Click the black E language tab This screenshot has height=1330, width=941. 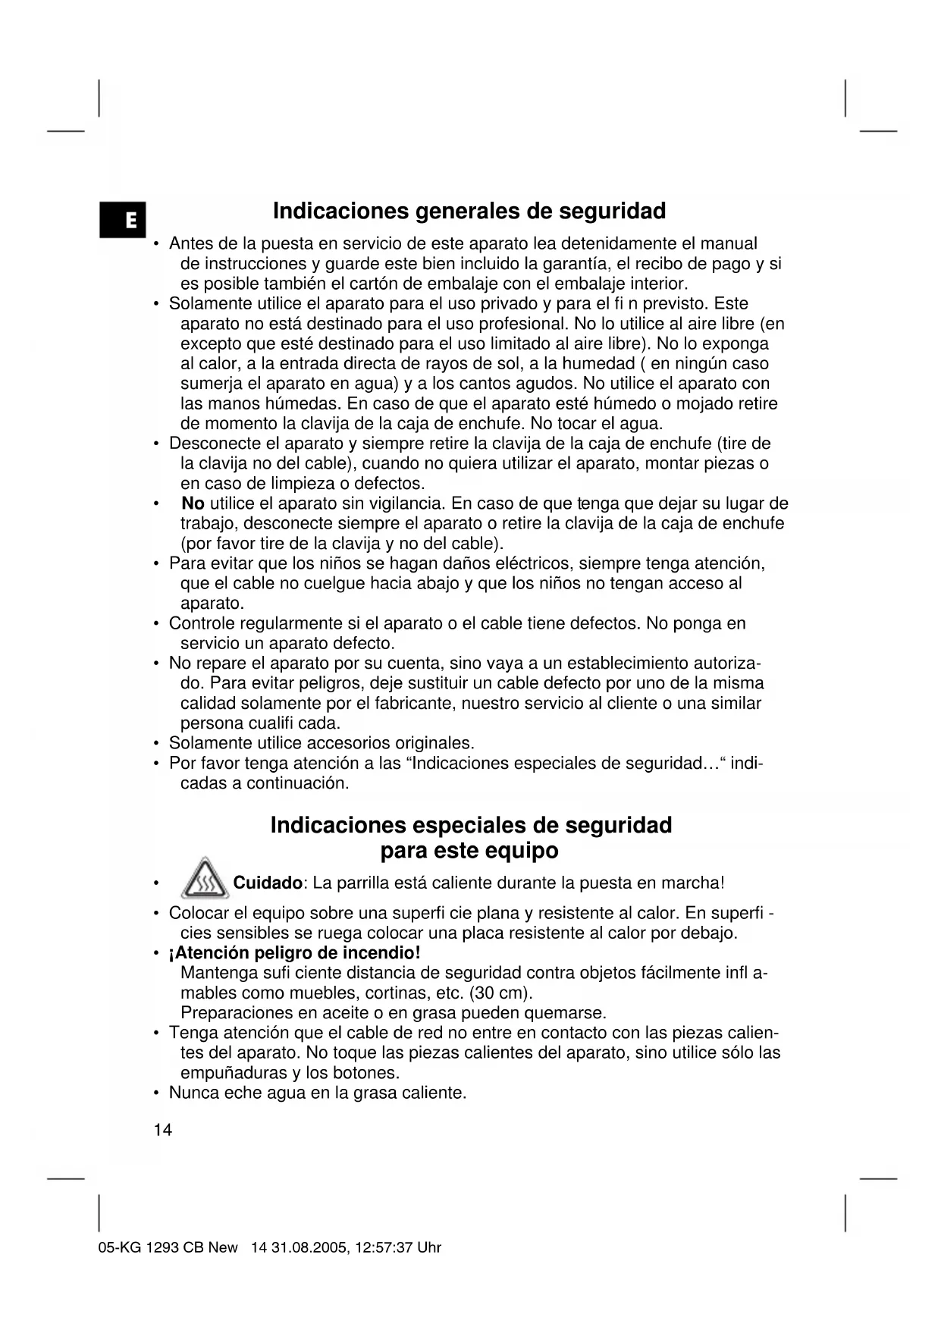tap(122, 220)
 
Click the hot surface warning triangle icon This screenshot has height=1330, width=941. tap(205, 880)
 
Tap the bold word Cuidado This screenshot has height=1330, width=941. tap(268, 883)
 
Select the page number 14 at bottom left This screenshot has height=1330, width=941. tap(162, 1131)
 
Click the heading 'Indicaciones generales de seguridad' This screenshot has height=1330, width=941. tap(469, 211)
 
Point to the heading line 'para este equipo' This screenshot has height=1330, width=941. tap(469, 851)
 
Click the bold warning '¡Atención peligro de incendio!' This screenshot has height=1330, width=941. tap(294, 953)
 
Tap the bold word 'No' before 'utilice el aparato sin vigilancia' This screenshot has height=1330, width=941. tap(193, 503)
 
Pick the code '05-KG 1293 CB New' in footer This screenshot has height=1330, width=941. tap(168, 1248)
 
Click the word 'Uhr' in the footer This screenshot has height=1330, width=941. tap(428, 1248)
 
